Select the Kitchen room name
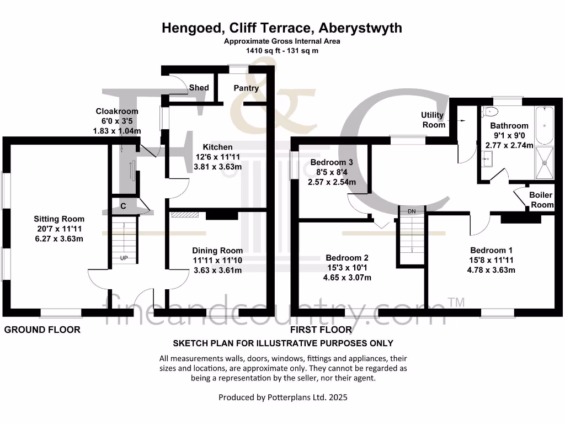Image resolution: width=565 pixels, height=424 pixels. point(218,147)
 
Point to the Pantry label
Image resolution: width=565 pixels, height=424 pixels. point(246,88)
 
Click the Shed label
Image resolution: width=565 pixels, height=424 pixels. point(199,88)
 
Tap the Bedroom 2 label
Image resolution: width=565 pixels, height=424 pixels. point(347,257)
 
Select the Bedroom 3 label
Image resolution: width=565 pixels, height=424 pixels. point(332,162)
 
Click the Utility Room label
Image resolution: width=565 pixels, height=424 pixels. point(433,119)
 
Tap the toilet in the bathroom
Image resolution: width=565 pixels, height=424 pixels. point(489,112)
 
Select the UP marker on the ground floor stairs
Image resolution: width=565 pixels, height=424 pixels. point(125,258)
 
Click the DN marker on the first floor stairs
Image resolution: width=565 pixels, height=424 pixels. point(412,211)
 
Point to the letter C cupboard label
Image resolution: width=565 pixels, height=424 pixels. point(124,206)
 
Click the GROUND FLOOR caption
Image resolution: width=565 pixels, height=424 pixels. point(42,330)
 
